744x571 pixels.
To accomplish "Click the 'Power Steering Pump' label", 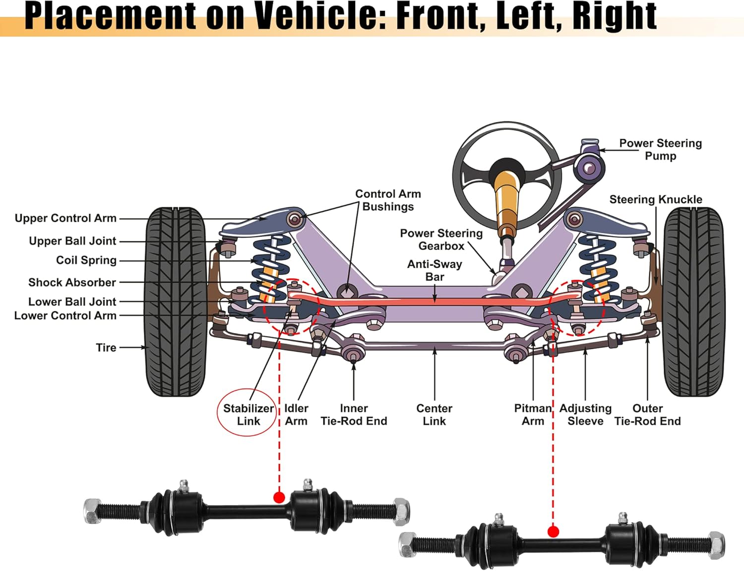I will [x=660, y=149].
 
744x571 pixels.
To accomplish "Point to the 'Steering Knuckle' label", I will [x=655, y=199].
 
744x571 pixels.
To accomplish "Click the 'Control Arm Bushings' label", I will [x=388, y=200].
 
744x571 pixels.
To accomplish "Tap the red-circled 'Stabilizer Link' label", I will [x=248, y=414].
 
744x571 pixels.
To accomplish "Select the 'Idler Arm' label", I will [x=296, y=414].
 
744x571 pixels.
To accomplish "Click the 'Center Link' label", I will [x=434, y=414].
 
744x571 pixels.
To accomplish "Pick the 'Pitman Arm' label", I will [x=533, y=414].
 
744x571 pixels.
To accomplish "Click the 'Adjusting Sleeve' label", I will [x=585, y=414].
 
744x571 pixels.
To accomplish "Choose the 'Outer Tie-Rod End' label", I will [x=647, y=414].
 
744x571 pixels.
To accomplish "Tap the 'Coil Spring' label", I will [x=86, y=260].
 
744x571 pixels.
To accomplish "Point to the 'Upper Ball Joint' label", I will [x=72, y=241].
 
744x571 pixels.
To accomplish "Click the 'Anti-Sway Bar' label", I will [x=434, y=270].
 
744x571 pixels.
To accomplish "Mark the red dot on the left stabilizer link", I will [x=279, y=497].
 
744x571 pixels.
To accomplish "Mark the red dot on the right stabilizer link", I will [x=553, y=532].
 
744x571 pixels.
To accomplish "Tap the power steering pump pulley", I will [x=590, y=168].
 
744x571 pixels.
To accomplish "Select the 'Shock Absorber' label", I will [x=72, y=283].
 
